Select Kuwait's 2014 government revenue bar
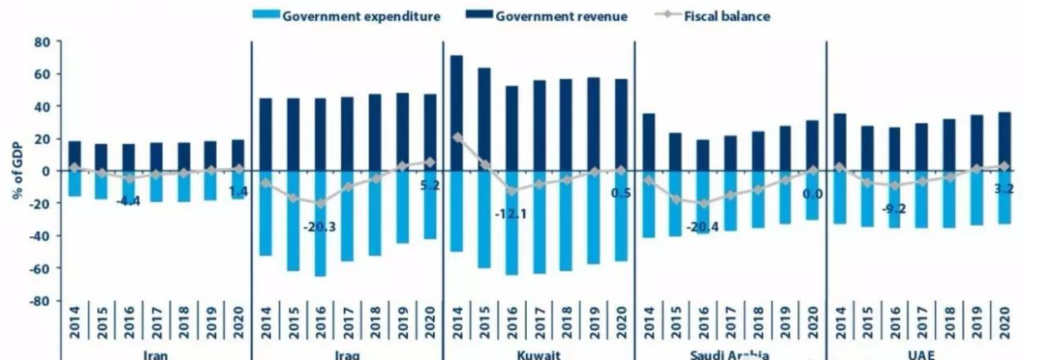456,113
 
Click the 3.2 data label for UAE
1005,188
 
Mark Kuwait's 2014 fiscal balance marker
456,136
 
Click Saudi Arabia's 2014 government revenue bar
648,142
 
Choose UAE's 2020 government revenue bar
1004,141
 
